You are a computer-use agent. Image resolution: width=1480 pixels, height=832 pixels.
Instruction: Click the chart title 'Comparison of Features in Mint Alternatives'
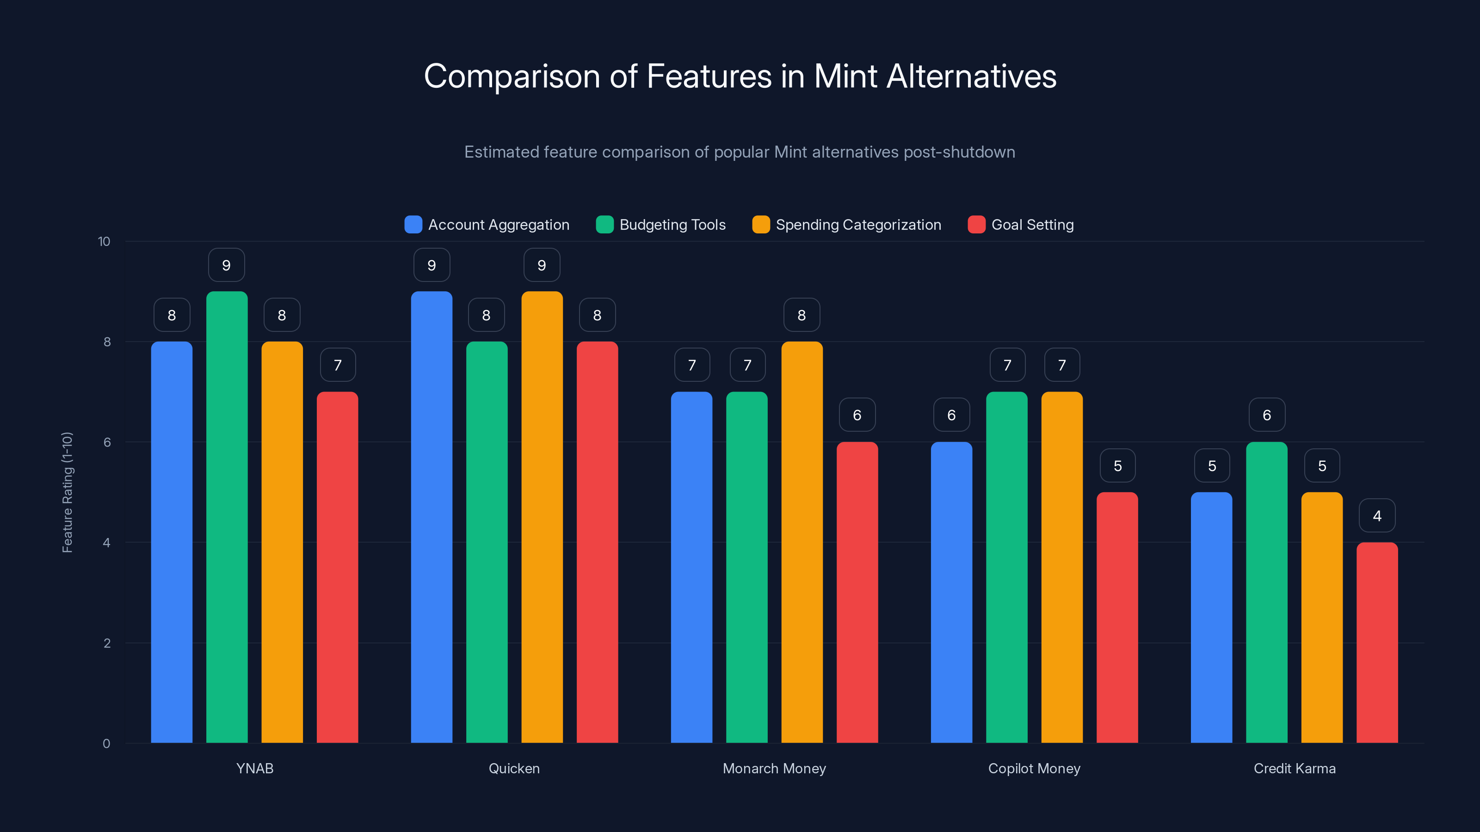(740, 76)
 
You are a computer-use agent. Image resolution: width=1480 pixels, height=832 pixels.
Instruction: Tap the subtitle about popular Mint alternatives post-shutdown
(740, 152)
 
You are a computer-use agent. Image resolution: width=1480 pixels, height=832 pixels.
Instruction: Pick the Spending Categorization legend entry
(846, 225)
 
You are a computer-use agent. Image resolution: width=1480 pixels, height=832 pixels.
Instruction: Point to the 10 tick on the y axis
(104, 242)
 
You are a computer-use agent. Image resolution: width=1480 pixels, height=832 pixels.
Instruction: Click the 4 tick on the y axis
(106, 543)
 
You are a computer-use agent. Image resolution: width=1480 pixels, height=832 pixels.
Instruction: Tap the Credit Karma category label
(1294, 768)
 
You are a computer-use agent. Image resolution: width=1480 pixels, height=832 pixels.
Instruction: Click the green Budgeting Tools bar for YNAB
(227, 517)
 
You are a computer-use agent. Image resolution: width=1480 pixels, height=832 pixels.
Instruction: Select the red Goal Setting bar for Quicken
(597, 543)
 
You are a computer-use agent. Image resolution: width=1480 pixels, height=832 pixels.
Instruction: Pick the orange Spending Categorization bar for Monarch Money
(802, 543)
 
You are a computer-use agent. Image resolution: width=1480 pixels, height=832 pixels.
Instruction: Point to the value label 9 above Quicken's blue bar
(432, 265)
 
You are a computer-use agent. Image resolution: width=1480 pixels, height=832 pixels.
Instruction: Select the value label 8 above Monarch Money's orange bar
(802, 315)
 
